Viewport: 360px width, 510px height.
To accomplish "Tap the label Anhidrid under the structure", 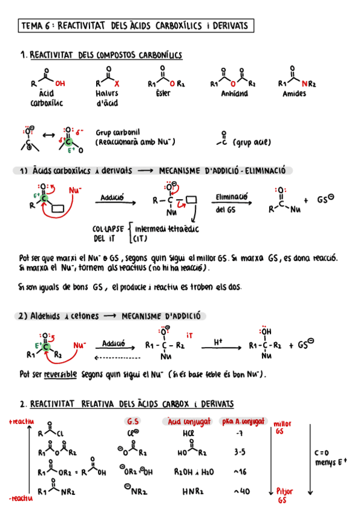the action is [234, 94].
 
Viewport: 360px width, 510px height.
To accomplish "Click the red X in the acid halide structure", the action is [117, 84].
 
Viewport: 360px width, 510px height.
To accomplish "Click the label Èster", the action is [163, 93].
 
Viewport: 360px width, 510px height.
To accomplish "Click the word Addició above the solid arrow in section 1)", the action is [112, 197].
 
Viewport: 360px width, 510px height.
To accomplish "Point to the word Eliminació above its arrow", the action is [231, 197].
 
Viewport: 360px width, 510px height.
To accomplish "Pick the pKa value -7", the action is [240, 433].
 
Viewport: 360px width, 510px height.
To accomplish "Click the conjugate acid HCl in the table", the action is [189, 433].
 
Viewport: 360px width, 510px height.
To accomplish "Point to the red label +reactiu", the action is [22, 421].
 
